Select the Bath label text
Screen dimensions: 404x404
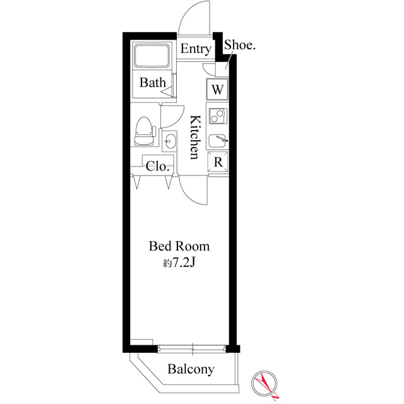pos(153,83)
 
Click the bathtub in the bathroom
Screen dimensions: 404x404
pos(152,58)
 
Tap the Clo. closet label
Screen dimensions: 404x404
pos(158,167)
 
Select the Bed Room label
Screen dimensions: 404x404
pos(179,246)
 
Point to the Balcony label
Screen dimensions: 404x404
pos(191,370)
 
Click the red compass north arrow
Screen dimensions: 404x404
pos(267,384)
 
